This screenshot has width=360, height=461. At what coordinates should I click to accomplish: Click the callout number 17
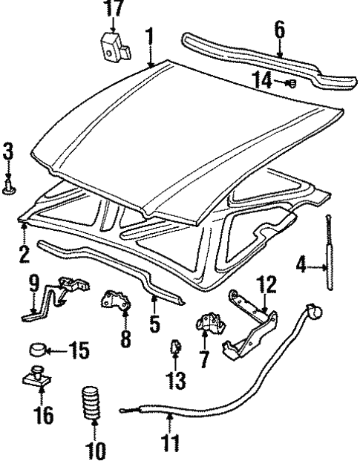click(111, 10)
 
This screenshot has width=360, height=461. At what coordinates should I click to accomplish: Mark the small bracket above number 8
click(114, 301)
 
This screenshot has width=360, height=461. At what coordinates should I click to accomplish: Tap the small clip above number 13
click(177, 345)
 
